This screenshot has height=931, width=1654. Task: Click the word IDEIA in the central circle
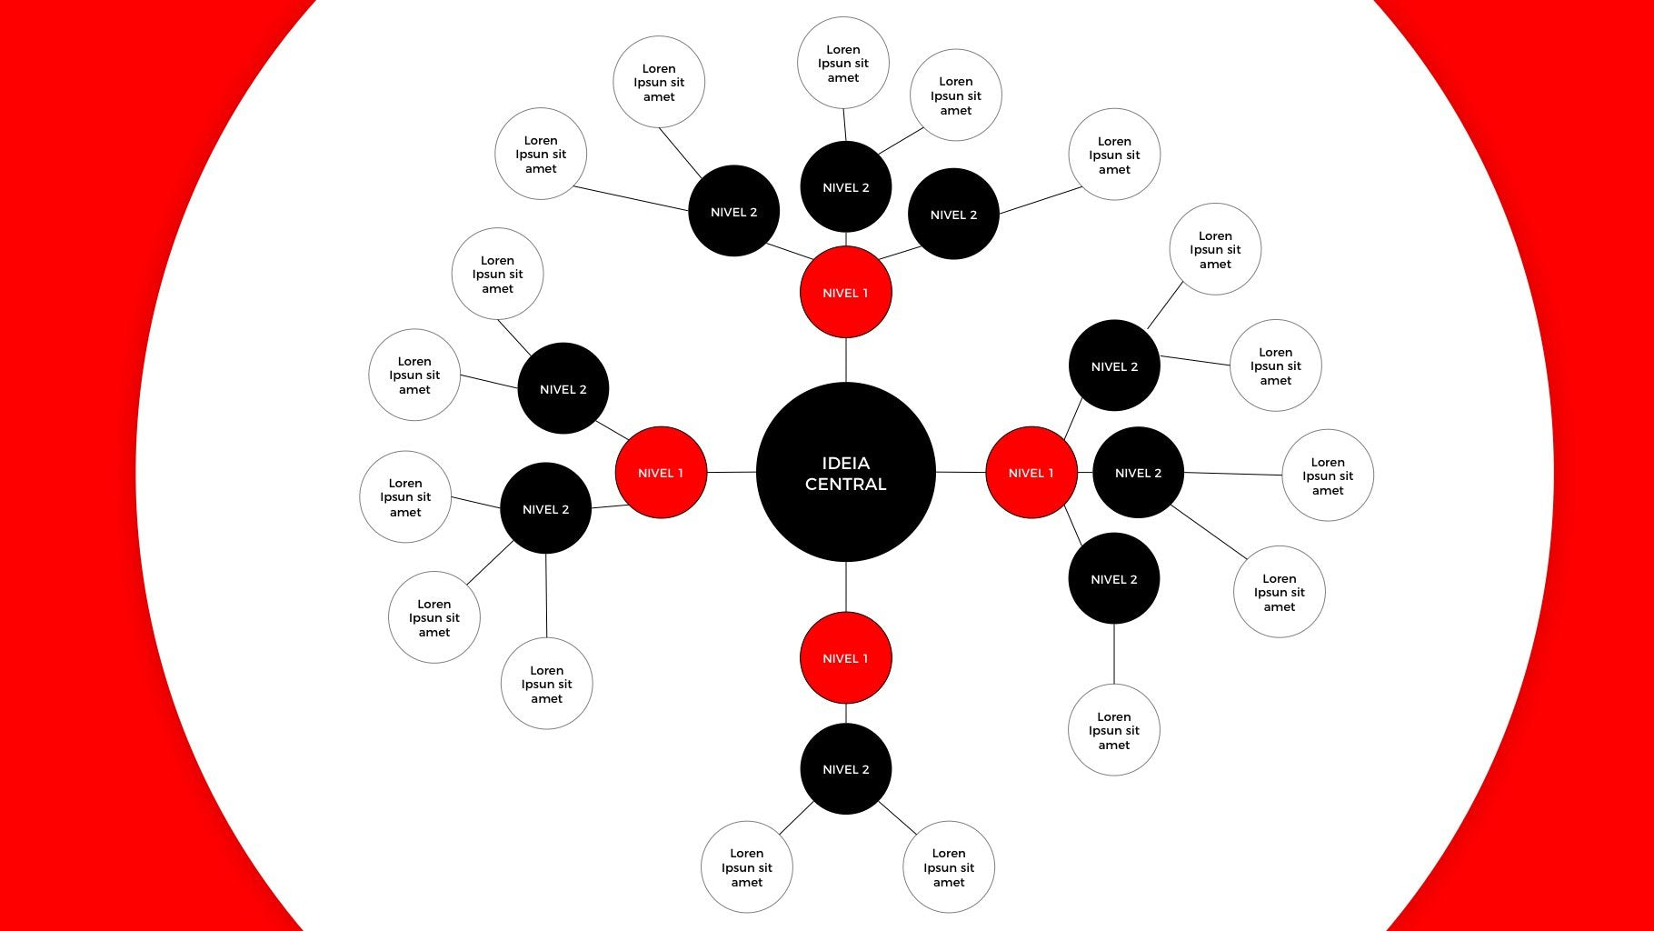click(845, 463)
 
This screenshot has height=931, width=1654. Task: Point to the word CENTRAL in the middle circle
click(845, 485)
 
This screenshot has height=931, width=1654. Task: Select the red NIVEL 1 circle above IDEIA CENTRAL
click(845, 292)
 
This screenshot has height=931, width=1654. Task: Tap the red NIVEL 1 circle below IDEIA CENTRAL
click(845, 657)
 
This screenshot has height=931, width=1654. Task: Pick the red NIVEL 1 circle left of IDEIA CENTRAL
click(661, 473)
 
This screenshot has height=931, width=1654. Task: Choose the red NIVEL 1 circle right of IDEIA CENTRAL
click(1031, 473)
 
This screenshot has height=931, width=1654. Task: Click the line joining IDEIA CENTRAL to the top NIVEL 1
click(846, 360)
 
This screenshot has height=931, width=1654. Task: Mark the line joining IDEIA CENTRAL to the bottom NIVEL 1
click(846, 587)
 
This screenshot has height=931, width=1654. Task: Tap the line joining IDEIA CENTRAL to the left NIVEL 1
click(732, 473)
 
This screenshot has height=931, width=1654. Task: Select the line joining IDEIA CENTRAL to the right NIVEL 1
click(961, 473)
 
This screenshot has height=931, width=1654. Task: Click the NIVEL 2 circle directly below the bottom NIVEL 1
click(845, 769)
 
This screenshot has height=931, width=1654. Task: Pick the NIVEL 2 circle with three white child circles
click(545, 509)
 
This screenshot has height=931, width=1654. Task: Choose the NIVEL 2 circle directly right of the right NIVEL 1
click(1138, 473)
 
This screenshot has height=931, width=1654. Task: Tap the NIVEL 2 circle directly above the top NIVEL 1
click(845, 187)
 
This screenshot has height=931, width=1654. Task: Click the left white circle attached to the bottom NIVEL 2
click(746, 867)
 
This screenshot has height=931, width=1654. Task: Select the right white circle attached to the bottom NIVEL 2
click(948, 867)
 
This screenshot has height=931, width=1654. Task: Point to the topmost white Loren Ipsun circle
click(842, 63)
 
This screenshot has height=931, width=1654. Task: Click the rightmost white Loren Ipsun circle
click(1327, 476)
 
